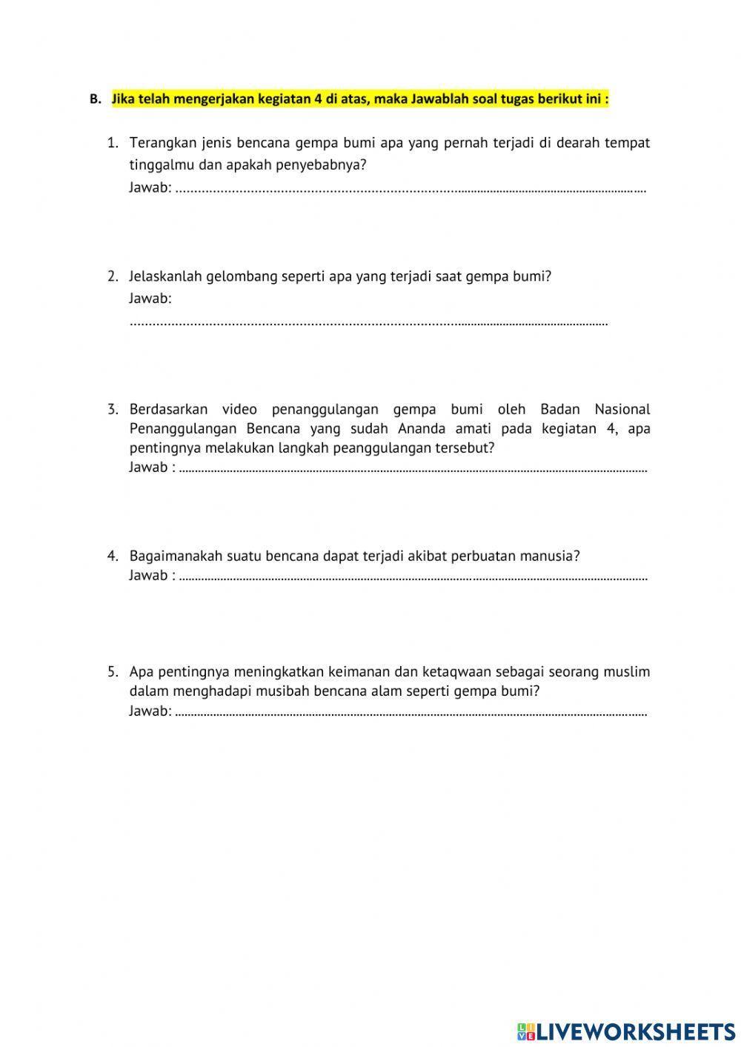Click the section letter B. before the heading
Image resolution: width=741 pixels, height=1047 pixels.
[x=95, y=99]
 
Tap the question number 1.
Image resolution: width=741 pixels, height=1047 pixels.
[x=113, y=142]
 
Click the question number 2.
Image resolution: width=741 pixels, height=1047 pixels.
[x=113, y=276]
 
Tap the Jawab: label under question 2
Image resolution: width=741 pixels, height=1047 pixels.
[x=150, y=299]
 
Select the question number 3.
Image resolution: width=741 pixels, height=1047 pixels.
[x=113, y=409]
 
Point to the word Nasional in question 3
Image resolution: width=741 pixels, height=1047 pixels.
[x=622, y=409]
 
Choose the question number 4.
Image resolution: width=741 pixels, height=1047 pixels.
[x=113, y=556]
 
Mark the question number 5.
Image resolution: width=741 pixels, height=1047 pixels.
[x=113, y=672]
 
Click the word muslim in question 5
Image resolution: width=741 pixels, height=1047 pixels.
[x=626, y=672]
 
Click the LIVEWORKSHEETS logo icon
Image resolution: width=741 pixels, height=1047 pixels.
[x=525, y=1031]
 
